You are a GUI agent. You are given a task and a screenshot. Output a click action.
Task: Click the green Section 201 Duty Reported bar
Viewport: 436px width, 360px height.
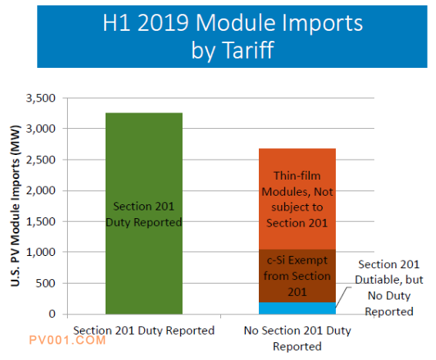(x=144, y=214)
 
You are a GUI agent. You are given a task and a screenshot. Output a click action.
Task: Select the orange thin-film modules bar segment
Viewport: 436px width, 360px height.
(x=297, y=199)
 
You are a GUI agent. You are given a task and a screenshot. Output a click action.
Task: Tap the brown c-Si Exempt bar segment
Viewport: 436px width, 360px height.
(x=297, y=276)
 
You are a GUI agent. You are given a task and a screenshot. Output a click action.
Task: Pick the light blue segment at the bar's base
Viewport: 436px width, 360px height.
(x=297, y=308)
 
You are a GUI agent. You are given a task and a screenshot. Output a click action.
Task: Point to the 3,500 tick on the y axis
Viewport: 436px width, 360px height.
(x=41, y=98)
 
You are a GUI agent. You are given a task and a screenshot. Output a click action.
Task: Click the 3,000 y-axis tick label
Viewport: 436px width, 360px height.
(x=41, y=129)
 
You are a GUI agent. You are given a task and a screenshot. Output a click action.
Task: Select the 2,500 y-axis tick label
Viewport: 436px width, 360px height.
(x=41, y=160)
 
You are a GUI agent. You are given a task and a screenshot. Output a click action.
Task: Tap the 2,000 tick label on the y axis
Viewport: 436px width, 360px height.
(x=41, y=191)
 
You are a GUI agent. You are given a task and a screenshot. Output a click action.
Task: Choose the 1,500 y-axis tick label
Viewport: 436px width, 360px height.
(x=41, y=222)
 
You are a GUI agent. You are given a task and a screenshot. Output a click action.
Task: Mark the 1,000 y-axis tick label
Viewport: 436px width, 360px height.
(x=41, y=252)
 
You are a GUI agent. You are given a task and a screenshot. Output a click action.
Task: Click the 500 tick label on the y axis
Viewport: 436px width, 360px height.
(x=45, y=283)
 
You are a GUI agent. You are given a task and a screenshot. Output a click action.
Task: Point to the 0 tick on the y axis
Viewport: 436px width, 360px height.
(x=52, y=314)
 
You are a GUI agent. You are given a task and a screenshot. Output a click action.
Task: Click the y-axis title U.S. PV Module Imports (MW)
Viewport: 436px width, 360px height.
(x=15, y=206)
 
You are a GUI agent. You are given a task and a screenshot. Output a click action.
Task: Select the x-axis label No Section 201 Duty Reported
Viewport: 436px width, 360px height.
(x=297, y=338)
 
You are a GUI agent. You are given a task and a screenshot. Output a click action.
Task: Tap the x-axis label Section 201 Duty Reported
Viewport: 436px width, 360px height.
(x=144, y=331)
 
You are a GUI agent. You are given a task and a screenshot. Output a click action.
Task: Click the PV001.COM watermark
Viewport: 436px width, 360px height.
(x=67, y=340)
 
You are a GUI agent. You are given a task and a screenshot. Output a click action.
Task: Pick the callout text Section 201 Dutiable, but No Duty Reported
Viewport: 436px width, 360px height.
(x=389, y=288)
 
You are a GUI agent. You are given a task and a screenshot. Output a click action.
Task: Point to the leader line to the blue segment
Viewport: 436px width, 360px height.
(x=342, y=297)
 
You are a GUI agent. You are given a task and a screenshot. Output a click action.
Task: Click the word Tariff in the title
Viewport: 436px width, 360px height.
(x=249, y=50)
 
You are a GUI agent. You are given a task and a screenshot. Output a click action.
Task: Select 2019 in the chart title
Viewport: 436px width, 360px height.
(x=163, y=22)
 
